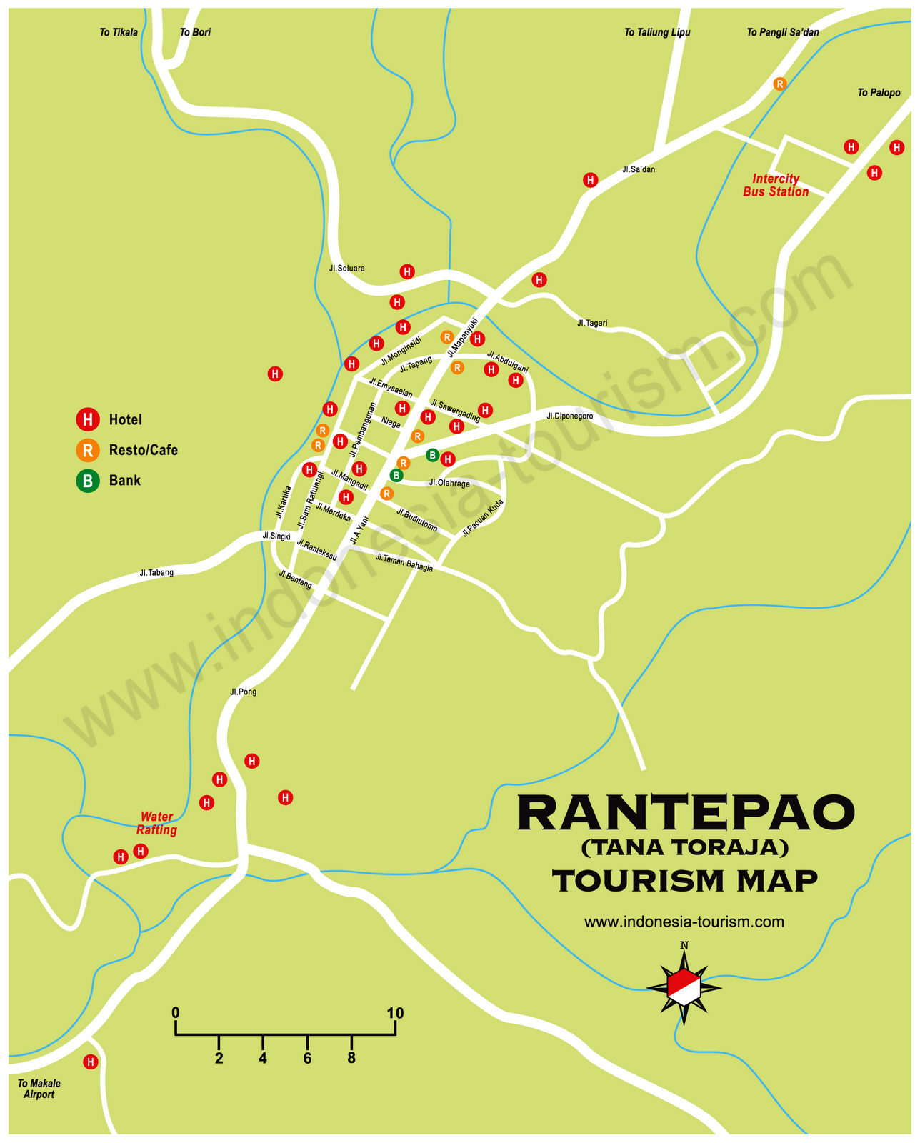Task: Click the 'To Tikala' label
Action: coord(119,32)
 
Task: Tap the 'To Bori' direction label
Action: coord(195,32)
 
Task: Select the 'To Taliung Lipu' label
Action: coord(657,32)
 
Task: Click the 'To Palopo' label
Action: coord(879,92)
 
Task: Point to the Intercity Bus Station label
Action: coord(776,185)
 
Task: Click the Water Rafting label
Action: coord(156,823)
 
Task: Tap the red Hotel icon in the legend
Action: coord(87,419)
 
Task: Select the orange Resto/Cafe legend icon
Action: coord(87,450)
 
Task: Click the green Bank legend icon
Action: coord(87,481)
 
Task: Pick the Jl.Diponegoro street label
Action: coord(569,416)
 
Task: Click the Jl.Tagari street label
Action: coord(592,323)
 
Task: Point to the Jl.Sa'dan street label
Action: coord(638,170)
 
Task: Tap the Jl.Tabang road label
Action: coord(156,572)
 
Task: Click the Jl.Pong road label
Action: coord(243,692)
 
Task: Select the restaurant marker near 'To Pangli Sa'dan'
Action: coord(779,84)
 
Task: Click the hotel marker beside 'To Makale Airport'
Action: coord(90,1062)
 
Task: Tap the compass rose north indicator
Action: coord(684,946)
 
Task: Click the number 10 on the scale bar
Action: coord(395,1013)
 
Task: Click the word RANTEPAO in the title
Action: coord(685,813)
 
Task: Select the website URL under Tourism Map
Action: coord(684,922)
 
